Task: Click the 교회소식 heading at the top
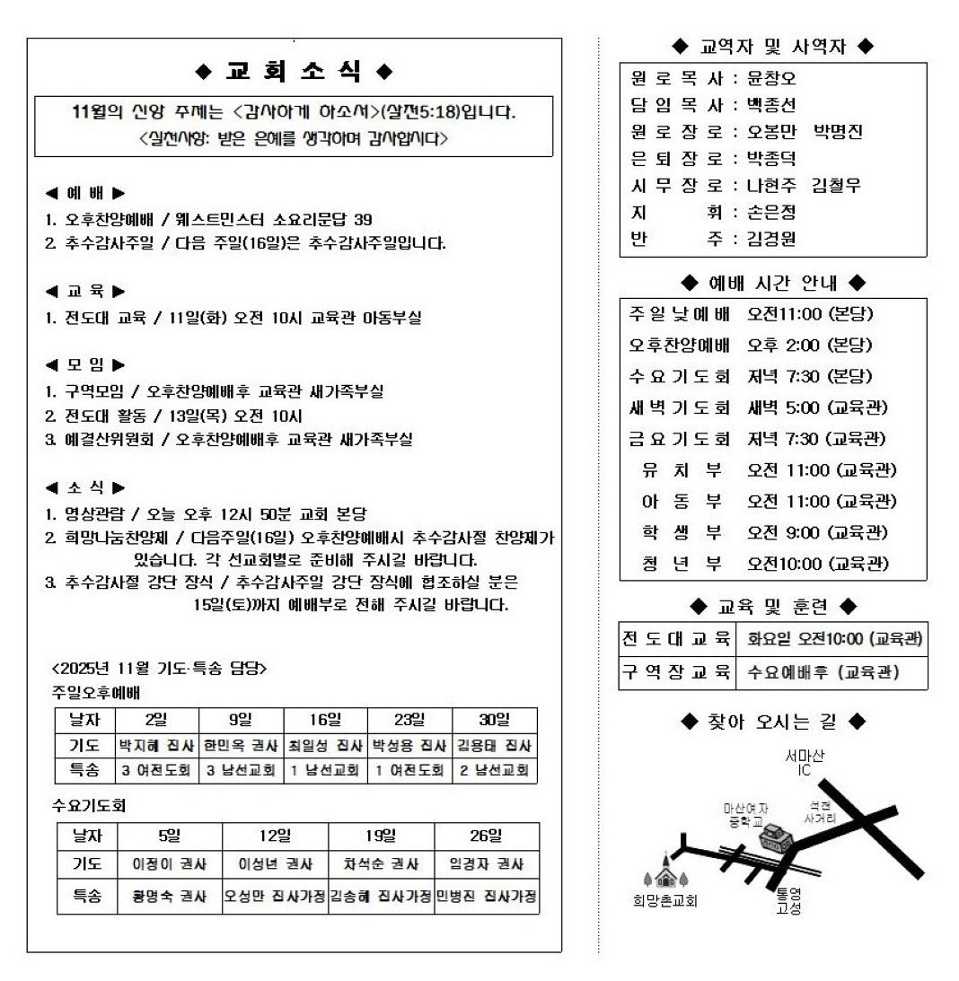coord(294,71)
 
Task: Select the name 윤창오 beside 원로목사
coord(771,77)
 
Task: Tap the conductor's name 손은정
coord(771,212)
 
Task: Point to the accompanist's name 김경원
coord(771,239)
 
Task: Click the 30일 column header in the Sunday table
coord(494,720)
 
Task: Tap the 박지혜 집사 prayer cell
coord(157,745)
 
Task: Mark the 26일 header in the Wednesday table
coord(486,836)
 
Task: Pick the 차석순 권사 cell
coord(381,864)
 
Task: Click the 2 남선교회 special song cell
coord(494,770)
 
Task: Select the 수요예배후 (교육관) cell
coord(823,671)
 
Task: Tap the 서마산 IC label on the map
coord(805,763)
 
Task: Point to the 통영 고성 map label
coord(789,901)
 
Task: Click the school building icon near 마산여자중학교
coord(776,839)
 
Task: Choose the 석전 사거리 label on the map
coord(820,812)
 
